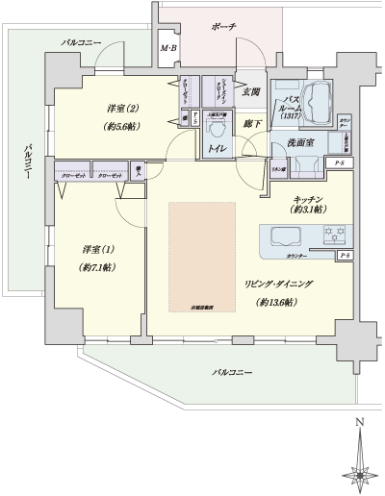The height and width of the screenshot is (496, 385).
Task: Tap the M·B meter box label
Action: coord(168,48)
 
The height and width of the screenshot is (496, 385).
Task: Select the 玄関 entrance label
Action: coord(252,92)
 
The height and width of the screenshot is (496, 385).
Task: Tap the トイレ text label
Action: coord(218,150)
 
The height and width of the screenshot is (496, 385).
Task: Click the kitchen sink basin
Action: coord(289,236)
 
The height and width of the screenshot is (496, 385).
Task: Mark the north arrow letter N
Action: coord(359,421)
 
